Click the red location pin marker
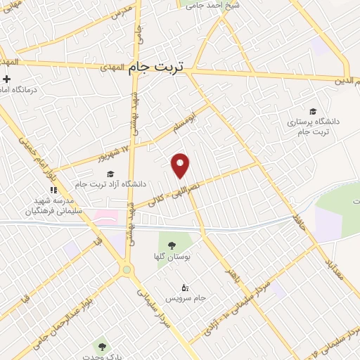coord(181,164)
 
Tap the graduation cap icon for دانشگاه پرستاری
coord(312,110)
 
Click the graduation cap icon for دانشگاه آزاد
coord(109,174)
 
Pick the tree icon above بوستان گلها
coord(172,244)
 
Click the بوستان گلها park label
coord(172,256)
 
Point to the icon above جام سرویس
coord(185,287)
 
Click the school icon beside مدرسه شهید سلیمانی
coord(53,188)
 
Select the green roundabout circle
coord(127,269)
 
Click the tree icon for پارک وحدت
coord(103,347)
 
